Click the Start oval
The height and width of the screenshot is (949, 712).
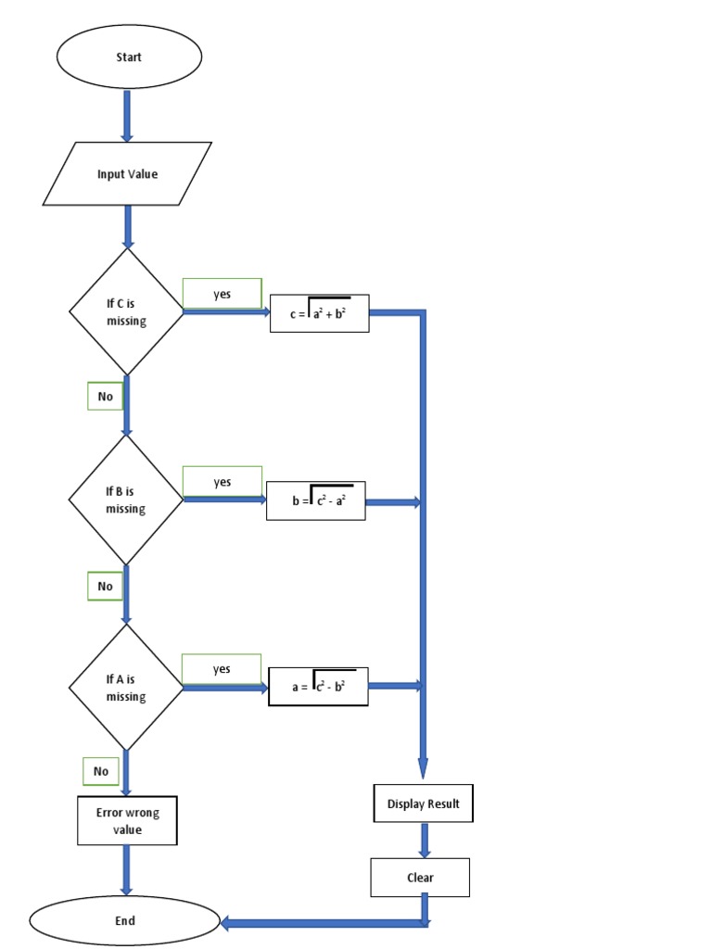coord(129,57)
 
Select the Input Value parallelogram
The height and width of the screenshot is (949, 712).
coord(127,174)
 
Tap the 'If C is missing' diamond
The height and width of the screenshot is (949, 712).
coord(126,311)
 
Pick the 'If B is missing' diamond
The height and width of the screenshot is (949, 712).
coord(126,500)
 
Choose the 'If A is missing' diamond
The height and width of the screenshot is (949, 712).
coord(126,687)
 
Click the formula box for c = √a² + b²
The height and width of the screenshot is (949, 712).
coord(319,313)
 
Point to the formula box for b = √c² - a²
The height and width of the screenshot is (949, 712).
coord(315,501)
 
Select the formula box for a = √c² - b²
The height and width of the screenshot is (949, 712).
coord(318,687)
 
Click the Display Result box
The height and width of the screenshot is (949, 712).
coord(423,803)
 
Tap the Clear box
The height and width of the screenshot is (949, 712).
coord(420,878)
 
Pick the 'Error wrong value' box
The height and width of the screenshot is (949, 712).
coord(127,821)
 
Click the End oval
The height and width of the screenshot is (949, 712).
coord(125,920)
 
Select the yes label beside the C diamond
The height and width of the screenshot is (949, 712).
coord(222,294)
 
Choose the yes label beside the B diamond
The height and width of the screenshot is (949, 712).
coord(222,481)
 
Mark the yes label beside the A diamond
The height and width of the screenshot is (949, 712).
coord(222,669)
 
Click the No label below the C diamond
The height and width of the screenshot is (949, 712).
coord(105,397)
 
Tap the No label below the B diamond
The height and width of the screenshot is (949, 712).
coord(105,586)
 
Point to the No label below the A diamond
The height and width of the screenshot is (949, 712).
coord(101,771)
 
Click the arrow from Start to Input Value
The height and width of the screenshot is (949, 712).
coord(127,116)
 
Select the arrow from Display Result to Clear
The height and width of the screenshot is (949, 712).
coord(424,840)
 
